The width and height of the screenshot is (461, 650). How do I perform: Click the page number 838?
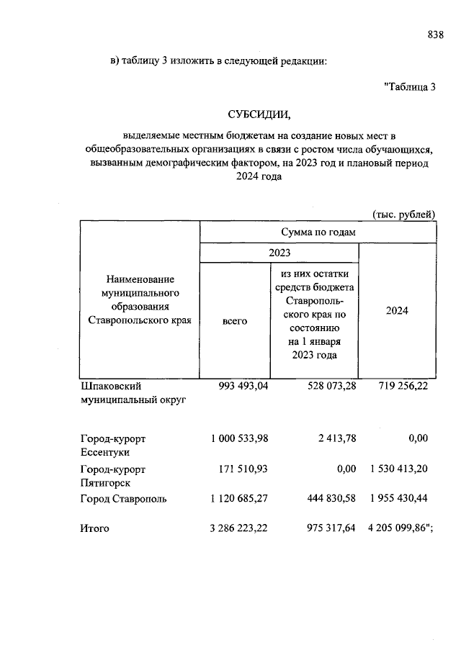[x=435, y=35]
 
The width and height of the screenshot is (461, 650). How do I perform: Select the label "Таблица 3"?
[x=411, y=88]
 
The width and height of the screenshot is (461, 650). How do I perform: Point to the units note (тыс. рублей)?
[x=404, y=214]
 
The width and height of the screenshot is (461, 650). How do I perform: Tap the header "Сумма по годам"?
[x=318, y=232]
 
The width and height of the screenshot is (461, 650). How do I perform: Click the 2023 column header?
[x=279, y=253]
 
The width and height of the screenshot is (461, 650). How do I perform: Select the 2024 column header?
[x=396, y=310]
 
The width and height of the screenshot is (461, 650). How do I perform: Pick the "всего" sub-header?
[x=235, y=321]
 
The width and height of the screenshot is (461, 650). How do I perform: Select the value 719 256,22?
[x=403, y=387]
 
